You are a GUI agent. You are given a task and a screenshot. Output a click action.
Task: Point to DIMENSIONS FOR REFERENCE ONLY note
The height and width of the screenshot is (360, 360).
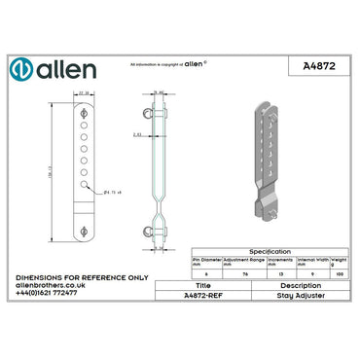[82, 277]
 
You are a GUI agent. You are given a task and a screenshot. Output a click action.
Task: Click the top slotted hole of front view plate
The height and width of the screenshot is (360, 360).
[84, 113]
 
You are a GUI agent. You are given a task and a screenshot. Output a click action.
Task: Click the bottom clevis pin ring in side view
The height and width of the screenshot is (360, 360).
[149, 232]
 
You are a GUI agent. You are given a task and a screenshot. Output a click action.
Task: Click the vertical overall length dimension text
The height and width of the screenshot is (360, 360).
[50, 170]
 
